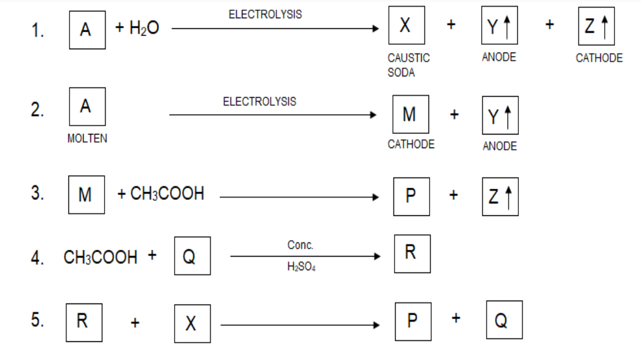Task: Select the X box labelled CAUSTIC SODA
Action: [406, 26]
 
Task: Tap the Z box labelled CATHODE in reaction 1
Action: [596, 26]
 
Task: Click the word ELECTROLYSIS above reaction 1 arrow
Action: [265, 15]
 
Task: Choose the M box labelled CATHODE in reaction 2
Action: [410, 115]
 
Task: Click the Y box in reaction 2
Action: [500, 115]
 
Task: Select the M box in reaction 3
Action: [86, 195]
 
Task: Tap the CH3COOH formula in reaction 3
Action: [167, 194]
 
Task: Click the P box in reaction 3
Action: [411, 196]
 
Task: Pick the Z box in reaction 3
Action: [500, 196]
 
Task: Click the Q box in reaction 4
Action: [192, 256]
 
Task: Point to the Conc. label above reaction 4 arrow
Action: [300, 245]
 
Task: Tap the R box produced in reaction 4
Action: [412, 253]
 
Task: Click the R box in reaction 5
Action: [84, 322]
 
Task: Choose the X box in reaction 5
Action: [192, 323]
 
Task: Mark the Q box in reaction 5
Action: [504, 320]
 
